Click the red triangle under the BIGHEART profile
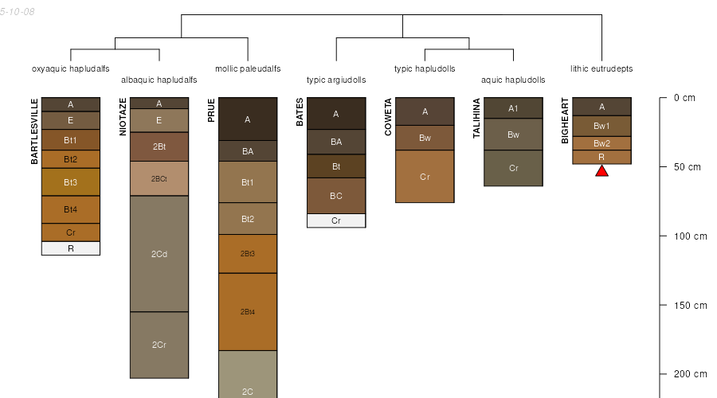pos(601,171)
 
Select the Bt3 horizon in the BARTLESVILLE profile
pos(71,182)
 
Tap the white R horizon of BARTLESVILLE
pos(71,248)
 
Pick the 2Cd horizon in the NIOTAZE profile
pos(159,254)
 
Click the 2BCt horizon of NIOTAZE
pos(159,178)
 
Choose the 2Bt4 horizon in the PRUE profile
pos(248,312)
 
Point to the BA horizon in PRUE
pos(248,151)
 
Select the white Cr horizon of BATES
pos(336,220)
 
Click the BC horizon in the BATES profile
pos(336,196)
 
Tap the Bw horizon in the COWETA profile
pos(425,138)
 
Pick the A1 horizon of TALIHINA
pos(514,108)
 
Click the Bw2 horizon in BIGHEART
pos(601,143)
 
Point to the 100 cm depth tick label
pos(690,236)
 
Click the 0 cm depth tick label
pos(684,98)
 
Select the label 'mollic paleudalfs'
pos(248,69)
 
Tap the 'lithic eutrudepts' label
pos(601,69)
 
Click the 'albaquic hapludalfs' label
pos(159,80)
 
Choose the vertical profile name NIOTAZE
pos(123,116)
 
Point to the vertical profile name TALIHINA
pos(476,118)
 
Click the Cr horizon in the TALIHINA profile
pos(514,168)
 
